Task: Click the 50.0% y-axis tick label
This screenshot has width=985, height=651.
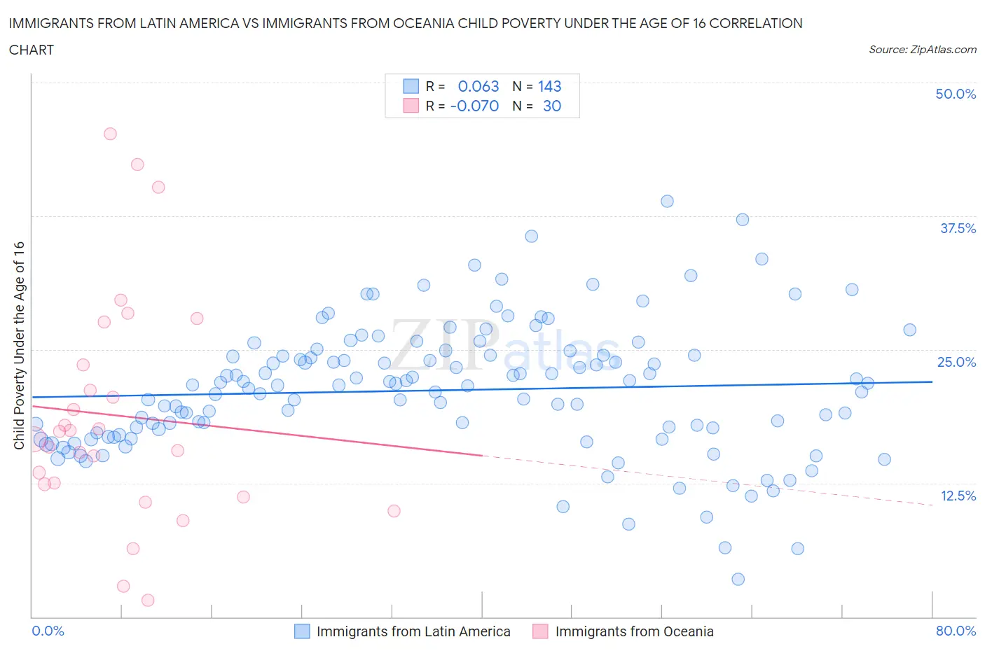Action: coord(956,94)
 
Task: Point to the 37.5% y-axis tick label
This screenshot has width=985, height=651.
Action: coord(958,228)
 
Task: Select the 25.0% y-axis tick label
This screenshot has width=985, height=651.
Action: coord(956,362)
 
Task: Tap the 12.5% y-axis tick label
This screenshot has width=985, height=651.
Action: coord(958,496)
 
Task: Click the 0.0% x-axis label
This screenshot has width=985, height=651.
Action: coord(48,631)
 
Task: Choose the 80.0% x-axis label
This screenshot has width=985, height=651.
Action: coord(956,631)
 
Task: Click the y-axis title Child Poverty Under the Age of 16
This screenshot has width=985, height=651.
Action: coord(19,346)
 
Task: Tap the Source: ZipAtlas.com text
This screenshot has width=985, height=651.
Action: coord(922,50)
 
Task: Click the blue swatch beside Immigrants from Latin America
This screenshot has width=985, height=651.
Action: coord(302,631)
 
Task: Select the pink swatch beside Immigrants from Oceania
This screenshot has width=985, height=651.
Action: coord(540,631)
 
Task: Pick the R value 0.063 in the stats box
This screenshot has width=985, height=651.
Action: coord(478,86)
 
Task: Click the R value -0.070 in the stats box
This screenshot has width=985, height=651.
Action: coord(474,106)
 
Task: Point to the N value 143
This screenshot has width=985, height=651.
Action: coord(549,86)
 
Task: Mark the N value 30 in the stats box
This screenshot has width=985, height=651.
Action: coord(552,106)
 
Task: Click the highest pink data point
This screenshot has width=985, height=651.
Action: coord(110,134)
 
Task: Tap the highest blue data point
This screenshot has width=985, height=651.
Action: coord(667,202)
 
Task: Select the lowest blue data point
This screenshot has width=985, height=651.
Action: coord(738,579)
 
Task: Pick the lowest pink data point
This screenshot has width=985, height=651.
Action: coord(148,600)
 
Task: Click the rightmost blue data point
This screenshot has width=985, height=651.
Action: coord(909,330)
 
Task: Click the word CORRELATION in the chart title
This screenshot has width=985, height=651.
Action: coord(756,23)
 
